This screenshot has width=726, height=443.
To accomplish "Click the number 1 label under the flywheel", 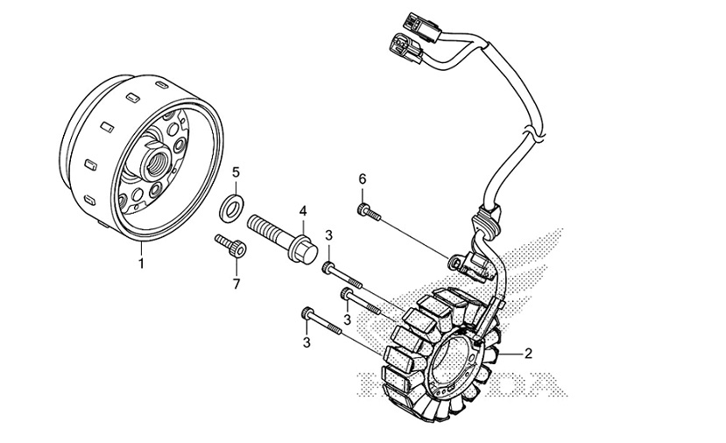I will pos(141,261).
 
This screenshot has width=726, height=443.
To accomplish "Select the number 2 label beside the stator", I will pos(528,355).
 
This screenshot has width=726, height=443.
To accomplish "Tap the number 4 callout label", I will pos(303,211).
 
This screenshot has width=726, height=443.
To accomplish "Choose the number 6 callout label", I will pos(362,179).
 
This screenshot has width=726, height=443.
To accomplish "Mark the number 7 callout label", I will pos(236,284).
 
